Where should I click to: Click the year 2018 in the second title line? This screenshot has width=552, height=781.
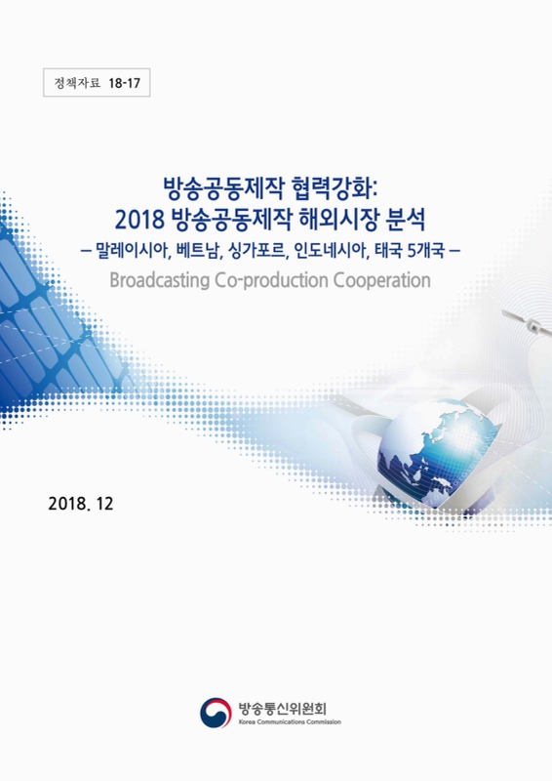pos(138,215)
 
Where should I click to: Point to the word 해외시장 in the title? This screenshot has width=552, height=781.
pos(339,215)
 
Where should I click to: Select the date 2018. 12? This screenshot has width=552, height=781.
pos(81,506)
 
